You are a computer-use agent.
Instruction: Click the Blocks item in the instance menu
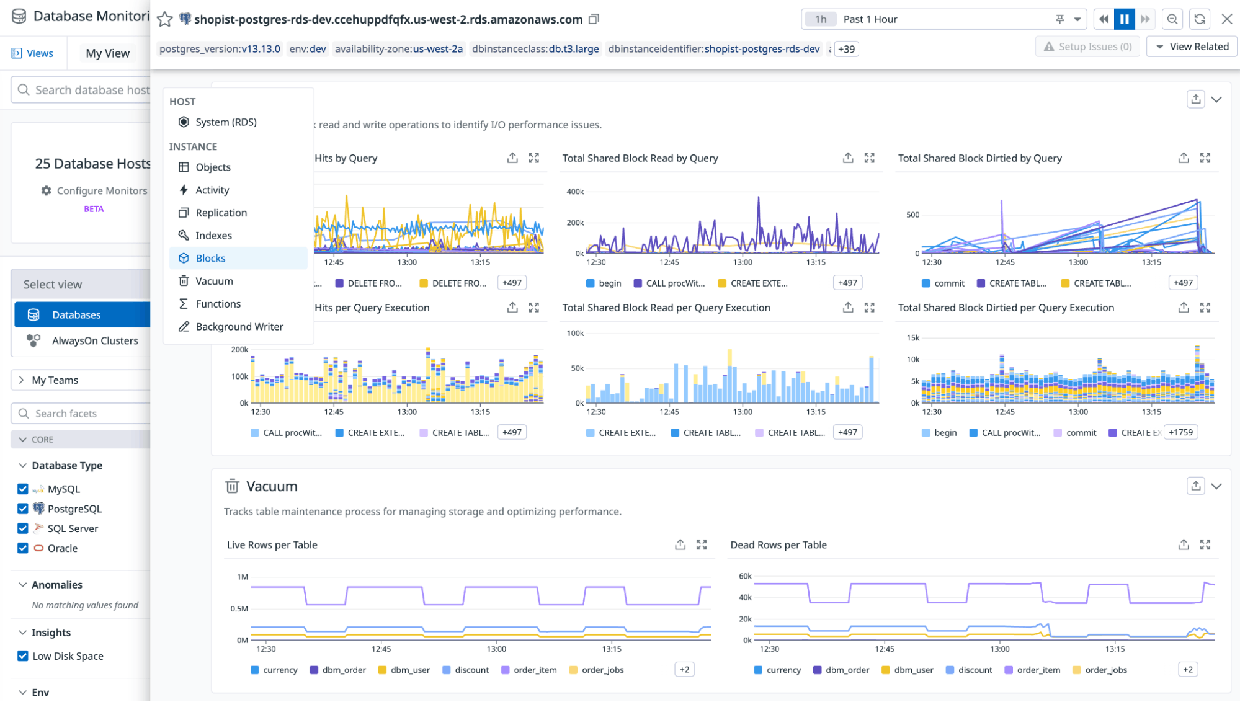210,258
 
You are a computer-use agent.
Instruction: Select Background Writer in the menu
239,326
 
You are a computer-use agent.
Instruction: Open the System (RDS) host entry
225,122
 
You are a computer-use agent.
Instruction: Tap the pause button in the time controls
1124,19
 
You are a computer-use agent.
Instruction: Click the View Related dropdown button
1192,47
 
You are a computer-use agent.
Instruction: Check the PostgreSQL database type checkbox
23,509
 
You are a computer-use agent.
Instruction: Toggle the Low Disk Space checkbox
23,656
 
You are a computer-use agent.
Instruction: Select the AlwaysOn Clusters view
94,340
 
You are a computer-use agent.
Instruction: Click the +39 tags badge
846,49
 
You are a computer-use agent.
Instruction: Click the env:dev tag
308,49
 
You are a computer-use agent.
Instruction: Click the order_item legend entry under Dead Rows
1038,670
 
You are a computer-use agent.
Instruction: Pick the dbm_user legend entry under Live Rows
409,670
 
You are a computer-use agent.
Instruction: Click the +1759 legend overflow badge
1180,432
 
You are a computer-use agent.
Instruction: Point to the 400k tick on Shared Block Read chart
575,192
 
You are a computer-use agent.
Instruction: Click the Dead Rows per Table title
778,544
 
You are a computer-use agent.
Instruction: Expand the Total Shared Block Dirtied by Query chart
1205,158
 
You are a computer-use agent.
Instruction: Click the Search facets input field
87,413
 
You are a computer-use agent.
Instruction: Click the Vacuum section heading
272,486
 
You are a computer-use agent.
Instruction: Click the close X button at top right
1226,19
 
